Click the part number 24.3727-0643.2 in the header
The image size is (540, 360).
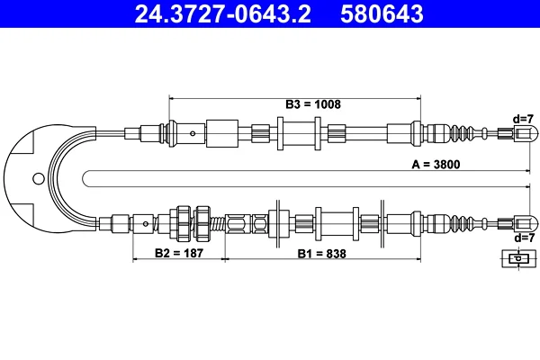tap(223, 13)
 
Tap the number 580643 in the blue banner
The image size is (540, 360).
tap(382, 13)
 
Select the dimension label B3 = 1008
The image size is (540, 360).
tap(313, 104)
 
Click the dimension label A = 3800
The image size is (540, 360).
tap(436, 165)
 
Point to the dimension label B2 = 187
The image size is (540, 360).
tap(179, 253)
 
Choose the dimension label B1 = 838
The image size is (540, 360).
tap(321, 254)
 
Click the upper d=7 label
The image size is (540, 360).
tap(523, 119)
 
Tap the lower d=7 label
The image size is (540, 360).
tap(524, 238)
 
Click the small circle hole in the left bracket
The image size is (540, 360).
tap(39, 178)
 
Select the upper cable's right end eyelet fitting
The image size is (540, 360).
tap(526, 133)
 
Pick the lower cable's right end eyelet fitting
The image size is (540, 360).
tap(526, 224)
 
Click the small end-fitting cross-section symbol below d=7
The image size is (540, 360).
tap(518, 258)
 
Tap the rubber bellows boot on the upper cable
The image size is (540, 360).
tap(462, 134)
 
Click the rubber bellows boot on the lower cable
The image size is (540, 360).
tap(462, 224)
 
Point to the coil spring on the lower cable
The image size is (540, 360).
tap(218, 224)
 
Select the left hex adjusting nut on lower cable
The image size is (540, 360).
tap(184, 224)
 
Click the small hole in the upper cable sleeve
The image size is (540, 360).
tap(193, 134)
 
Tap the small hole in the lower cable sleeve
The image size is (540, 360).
tap(146, 224)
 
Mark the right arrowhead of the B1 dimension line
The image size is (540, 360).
tap(418, 258)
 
